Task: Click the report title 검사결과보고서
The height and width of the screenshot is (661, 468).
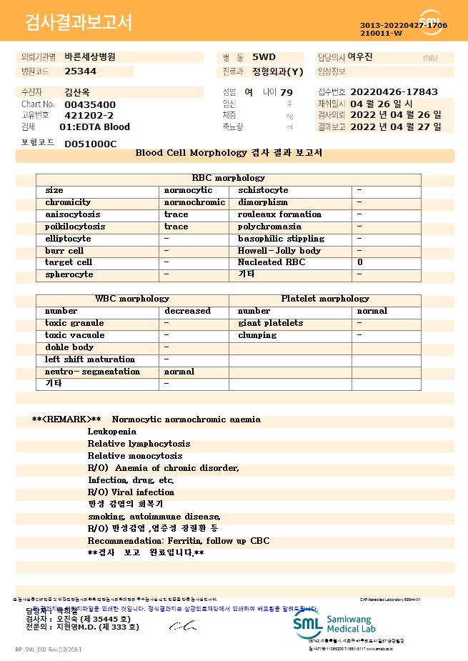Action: click(79, 23)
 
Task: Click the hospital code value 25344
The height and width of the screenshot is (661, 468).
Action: click(80, 71)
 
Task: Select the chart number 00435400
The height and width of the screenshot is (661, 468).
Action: click(89, 104)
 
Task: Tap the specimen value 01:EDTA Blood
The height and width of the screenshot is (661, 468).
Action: click(94, 126)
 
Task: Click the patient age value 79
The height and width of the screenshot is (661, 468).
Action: click(287, 92)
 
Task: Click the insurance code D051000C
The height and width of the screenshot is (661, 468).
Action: click(90, 144)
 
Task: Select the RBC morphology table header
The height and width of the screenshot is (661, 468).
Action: click(229, 178)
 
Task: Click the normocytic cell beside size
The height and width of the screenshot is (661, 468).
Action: click(188, 190)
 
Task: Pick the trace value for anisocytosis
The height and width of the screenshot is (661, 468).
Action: click(176, 214)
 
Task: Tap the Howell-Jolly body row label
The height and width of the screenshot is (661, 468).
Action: click(279, 251)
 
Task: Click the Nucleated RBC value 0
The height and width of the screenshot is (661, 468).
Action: click(359, 262)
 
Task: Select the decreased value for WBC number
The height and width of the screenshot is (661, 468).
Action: click(187, 311)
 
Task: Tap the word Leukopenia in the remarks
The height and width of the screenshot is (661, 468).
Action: click(111, 432)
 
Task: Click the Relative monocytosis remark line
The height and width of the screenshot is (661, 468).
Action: click(135, 456)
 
